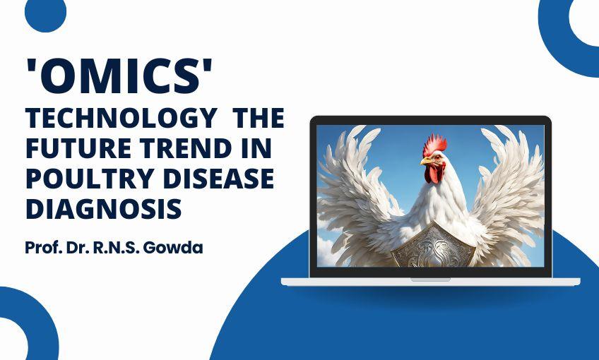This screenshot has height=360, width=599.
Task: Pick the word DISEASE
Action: [224, 179]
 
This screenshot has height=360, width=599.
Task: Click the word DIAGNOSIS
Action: [104, 209]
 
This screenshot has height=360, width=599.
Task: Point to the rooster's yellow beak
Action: [426, 162]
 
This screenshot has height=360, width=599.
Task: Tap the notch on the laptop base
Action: [430, 279]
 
